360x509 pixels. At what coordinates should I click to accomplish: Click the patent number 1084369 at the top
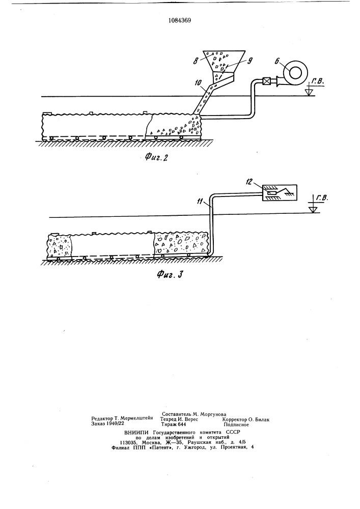pyautogui.click(x=180, y=20)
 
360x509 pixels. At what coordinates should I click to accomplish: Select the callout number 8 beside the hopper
pyautogui.click(x=196, y=61)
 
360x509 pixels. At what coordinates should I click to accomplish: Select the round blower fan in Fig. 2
pyautogui.click(x=294, y=72)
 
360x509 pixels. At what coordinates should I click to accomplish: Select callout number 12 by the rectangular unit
pyautogui.click(x=250, y=182)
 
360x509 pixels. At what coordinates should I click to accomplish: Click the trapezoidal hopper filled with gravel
pyautogui.click(x=224, y=61)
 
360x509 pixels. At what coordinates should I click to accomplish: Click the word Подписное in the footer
pyautogui.click(x=236, y=425)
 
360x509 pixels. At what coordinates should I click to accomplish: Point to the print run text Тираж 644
pyautogui.click(x=174, y=424)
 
